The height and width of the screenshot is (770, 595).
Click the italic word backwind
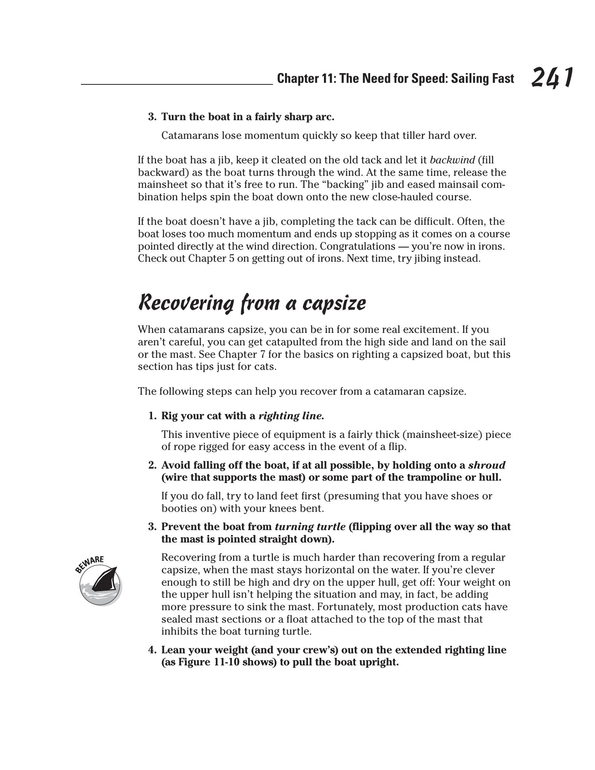452,160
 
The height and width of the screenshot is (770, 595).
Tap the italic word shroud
486,465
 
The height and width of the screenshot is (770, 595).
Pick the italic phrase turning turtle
310,527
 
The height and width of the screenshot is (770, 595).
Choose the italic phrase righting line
291,416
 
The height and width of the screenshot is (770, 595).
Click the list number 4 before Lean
151,650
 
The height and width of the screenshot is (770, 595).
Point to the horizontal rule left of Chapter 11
177,84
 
